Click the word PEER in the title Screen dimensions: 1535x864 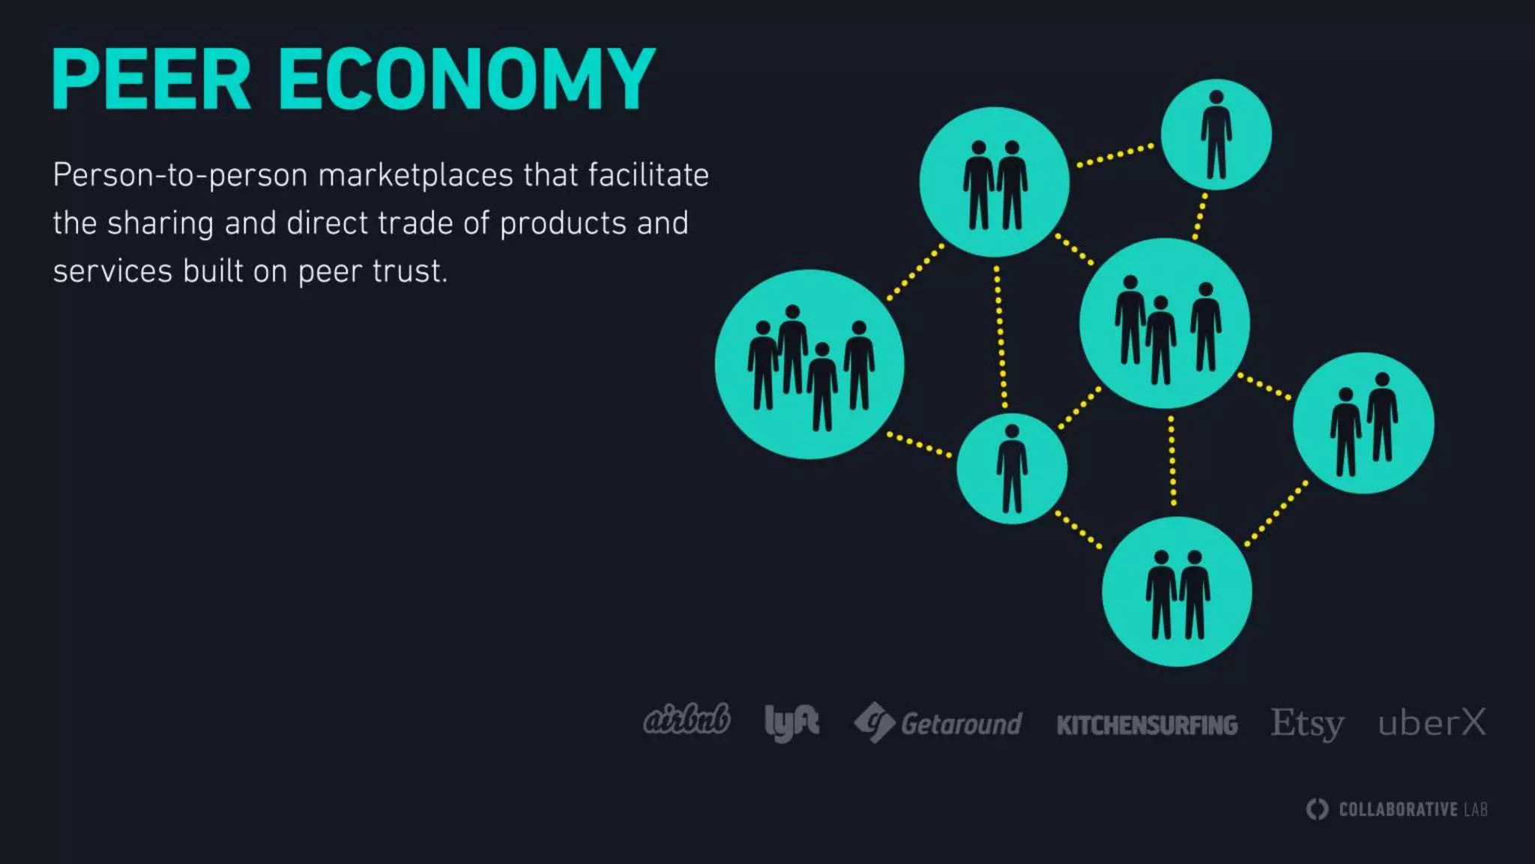[x=151, y=79]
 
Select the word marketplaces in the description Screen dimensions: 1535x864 [x=416, y=175]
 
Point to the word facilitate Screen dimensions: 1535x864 [x=648, y=175]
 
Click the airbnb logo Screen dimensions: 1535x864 [x=687, y=721]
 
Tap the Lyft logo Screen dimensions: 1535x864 [x=791, y=722]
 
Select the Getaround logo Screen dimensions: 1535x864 [x=938, y=723]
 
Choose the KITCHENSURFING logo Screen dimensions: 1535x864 [x=1147, y=725]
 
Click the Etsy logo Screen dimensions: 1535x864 [x=1307, y=724]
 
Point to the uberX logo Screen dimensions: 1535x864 [x=1432, y=723]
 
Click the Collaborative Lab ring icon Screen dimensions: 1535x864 [x=1317, y=809]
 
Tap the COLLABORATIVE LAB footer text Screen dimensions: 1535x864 [x=1413, y=809]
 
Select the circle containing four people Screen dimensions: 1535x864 [x=809, y=364]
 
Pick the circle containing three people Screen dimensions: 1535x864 [x=1165, y=323]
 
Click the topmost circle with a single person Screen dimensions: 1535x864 [x=1216, y=135]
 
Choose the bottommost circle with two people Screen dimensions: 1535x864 [x=1177, y=592]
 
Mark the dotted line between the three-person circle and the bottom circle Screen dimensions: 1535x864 [x=1172, y=461]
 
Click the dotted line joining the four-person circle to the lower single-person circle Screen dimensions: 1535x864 [x=920, y=445]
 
